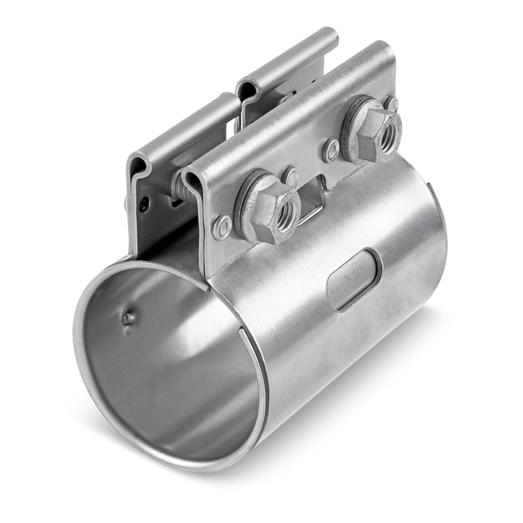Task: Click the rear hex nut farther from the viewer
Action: tap(371, 128)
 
